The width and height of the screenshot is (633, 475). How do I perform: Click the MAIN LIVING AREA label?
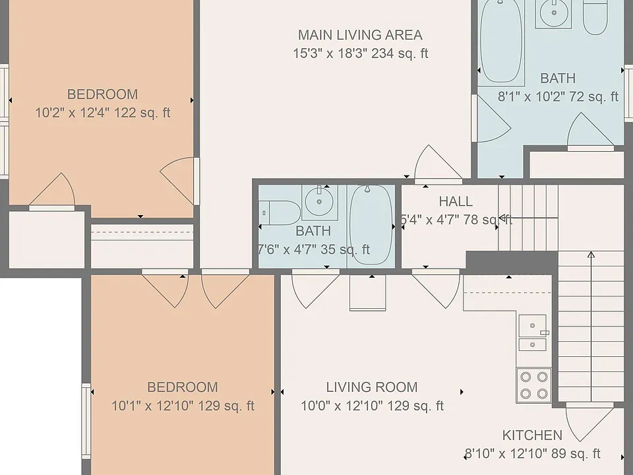point(360,35)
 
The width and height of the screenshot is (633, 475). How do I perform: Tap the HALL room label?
point(456,201)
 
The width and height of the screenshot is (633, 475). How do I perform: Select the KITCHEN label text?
point(532,435)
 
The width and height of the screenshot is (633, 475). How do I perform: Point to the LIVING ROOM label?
point(372,387)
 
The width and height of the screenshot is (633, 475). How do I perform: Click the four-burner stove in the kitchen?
point(533,385)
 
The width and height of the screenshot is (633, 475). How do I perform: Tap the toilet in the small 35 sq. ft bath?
point(280,212)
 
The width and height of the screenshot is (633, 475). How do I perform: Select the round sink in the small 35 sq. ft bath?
point(319,202)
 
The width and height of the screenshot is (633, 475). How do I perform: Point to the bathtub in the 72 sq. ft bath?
point(501,40)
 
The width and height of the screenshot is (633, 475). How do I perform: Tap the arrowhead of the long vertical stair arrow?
point(591,255)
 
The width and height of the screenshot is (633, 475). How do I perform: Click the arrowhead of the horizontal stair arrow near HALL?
point(502,218)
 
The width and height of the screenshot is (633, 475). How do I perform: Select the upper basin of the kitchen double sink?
point(532,325)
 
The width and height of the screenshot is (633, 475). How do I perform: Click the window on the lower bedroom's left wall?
point(86,421)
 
